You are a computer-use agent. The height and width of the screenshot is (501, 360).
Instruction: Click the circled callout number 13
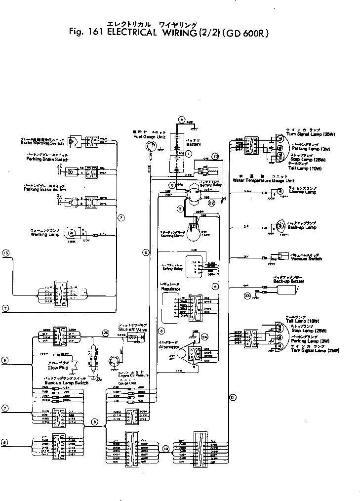[6, 253]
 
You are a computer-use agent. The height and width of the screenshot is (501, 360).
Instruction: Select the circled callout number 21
[233, 396]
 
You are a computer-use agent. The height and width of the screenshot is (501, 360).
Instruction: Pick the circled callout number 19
[166, 449]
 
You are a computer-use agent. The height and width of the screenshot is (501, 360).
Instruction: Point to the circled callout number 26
[105, 332]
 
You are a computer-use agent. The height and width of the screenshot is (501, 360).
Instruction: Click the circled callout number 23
[248, 295]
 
